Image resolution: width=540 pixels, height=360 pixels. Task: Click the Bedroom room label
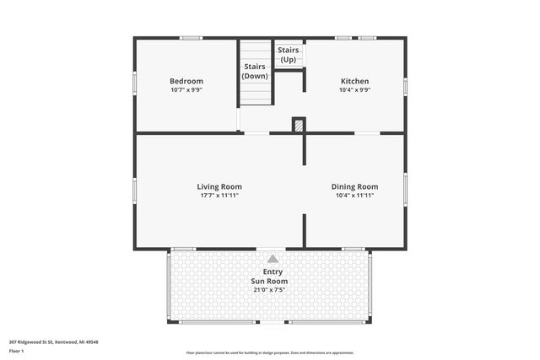point(186,81)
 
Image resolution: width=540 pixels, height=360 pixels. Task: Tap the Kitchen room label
point(354,81)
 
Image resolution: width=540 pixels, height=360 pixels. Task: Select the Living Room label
point(219,186)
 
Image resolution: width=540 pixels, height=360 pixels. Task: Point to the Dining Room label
point(354,186)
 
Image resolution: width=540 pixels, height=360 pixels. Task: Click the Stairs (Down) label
point(255,71)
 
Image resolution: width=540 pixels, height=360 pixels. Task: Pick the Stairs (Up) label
point(288,55)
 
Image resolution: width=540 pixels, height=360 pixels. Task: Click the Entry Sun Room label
point(270,277)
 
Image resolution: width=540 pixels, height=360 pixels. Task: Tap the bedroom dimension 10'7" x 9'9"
point(186,89)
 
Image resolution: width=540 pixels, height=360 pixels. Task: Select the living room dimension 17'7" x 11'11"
point(219,195)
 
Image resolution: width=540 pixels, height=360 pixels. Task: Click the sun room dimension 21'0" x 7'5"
point(270,290)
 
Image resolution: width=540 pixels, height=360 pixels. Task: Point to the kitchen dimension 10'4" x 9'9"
point(354,89)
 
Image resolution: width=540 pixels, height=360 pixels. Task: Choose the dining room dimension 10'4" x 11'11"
point(354,195)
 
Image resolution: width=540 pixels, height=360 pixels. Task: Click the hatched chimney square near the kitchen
point(298,125)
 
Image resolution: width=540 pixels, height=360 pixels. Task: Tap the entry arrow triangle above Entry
point(272,260)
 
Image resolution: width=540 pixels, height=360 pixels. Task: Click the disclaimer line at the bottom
point(270,352)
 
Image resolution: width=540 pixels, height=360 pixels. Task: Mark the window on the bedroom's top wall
point(190,37)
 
